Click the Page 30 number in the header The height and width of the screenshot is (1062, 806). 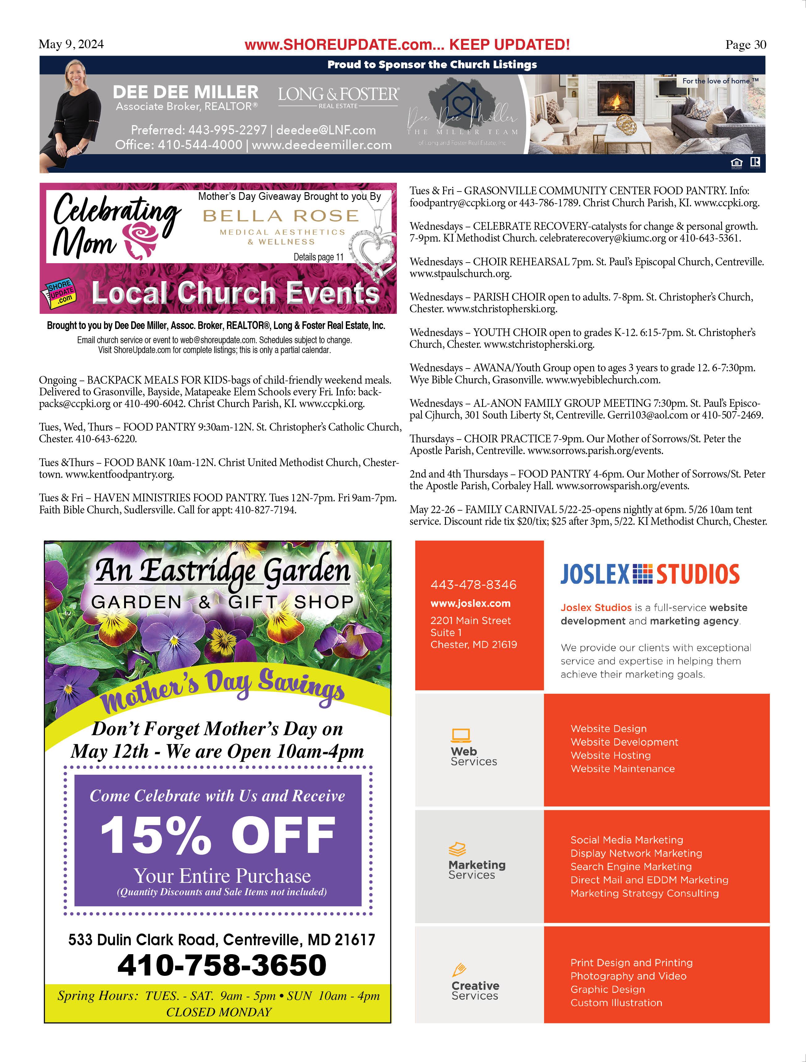[x=745, y=45]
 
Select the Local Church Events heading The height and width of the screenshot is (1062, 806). [x=235, y=293]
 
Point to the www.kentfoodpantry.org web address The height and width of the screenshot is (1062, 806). [x=120, y=474]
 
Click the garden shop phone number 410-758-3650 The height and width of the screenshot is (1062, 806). [x=221, y=965]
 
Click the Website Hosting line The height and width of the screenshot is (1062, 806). [x=610, y=755]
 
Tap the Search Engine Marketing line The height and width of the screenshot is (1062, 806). [x=631, y=866]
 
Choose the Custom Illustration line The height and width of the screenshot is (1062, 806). [x=616, y=1002]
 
